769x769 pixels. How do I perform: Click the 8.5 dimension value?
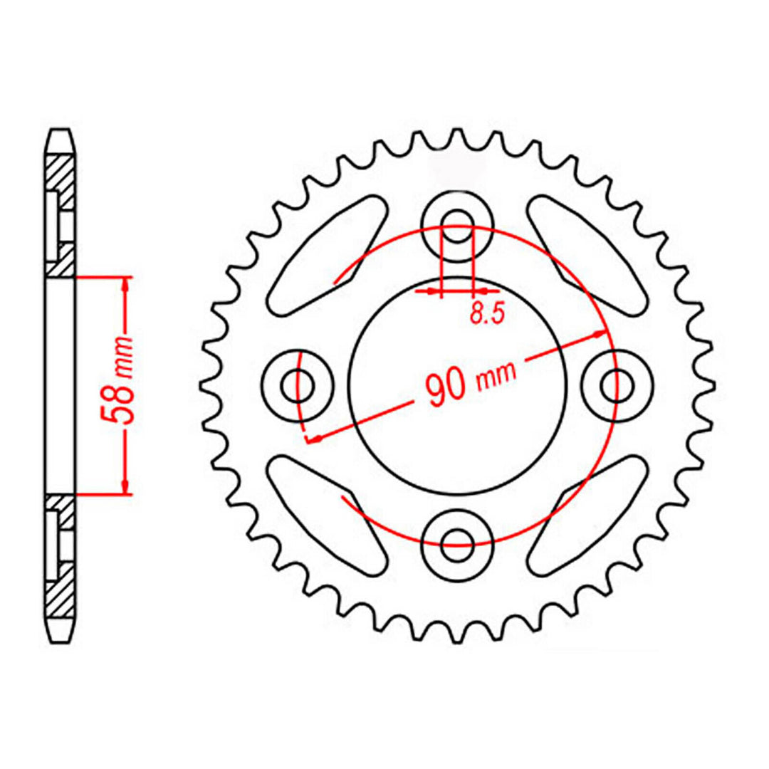(x=487, y=314)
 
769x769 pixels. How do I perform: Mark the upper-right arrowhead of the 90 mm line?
(x=602, y=333)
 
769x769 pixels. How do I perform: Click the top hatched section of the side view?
(x=61, y=178)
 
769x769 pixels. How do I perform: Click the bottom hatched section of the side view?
(x=61, y=591)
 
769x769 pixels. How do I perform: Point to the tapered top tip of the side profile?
(x=61, y=133)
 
